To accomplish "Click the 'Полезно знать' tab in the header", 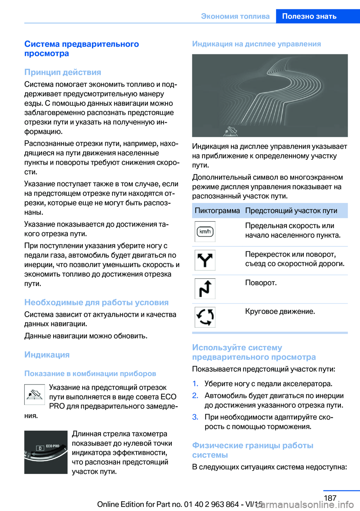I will click(x=309, y=16).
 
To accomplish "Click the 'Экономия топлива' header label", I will click(x=235, y=16).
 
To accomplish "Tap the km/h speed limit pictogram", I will click(x=205, y=231).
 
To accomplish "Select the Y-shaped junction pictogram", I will click(x=205, y=260).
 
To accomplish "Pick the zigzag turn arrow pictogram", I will click(x=205, y=289).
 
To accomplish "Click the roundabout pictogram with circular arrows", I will click(x=205, y=317).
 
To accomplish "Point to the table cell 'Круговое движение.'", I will click(x=280, y=311).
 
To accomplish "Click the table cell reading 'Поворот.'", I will click(x=261, y=283).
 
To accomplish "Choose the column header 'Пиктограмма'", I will click(x=217, y=210).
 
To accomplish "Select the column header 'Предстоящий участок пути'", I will click(x=291, y=210).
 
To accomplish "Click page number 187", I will click(x=330, y=498).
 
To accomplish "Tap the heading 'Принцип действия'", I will click(x=63, y=72).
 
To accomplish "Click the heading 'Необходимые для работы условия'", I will click(x=96, y=302).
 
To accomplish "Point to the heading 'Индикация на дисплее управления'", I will click(x=256, y=44).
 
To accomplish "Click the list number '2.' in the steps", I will click(x=195, y=395).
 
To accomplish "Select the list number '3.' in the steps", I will click(x=195, y=417).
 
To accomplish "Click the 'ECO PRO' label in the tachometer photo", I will click(x=52, y=446).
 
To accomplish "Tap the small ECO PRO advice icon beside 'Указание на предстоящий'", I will click(x=34, y=394).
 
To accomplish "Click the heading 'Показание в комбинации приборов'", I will click(x=90, y=373).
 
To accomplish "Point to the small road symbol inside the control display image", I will click(x=231, y=131).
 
